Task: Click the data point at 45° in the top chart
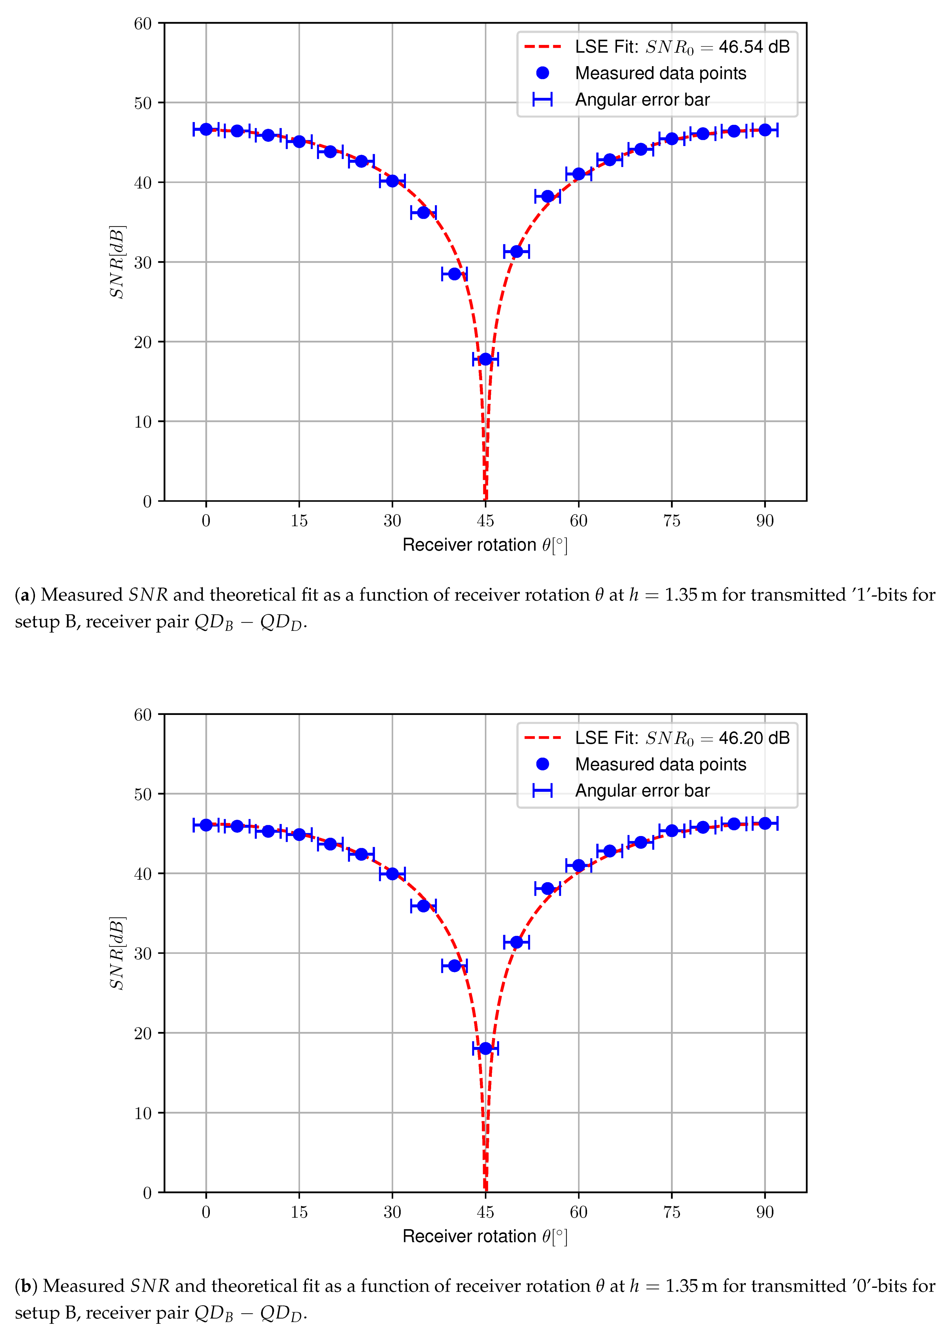485,359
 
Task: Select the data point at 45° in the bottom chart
485,1049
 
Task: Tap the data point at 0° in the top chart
206,130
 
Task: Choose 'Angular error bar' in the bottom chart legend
642,790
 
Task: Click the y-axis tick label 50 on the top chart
143,103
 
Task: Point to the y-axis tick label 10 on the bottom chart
143,1113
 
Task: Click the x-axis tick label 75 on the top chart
671,521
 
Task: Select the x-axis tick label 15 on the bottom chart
299,1212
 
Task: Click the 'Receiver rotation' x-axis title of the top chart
469,545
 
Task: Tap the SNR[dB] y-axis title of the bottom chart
117,953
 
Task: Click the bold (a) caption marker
24,595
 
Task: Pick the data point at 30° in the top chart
392,181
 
